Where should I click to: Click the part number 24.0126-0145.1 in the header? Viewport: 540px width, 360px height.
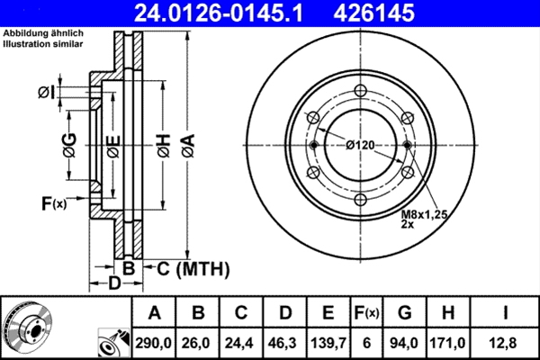219,13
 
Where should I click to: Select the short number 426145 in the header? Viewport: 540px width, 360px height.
374,13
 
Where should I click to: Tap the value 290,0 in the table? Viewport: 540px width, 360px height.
153,343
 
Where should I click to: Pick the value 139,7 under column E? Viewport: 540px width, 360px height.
328,343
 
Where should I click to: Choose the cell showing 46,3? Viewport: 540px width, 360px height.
284,343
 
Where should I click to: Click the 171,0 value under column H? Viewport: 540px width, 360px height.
447,343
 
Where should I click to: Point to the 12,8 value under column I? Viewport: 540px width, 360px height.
505,343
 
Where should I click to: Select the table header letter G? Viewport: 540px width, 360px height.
405,313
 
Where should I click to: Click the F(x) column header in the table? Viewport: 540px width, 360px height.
366,313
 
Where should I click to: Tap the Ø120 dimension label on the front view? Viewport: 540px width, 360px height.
360,146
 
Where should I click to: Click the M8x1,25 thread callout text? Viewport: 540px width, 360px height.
424,214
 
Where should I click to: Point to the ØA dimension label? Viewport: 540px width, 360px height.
188,146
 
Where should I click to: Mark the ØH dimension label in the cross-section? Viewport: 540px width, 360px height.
164,146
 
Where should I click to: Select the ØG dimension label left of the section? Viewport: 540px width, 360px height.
69,145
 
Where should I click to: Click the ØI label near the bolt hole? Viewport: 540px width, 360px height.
46,93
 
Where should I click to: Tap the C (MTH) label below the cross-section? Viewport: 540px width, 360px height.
193,269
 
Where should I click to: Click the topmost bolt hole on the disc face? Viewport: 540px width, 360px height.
360,91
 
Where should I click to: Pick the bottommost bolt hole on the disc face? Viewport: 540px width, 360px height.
360,200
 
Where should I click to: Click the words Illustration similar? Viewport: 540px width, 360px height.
43,44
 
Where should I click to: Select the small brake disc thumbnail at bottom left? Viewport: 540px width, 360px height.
27,327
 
